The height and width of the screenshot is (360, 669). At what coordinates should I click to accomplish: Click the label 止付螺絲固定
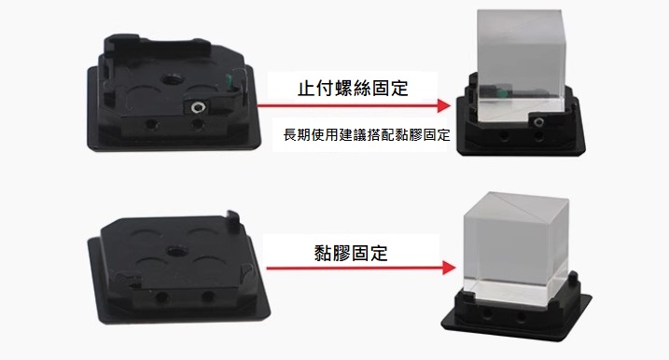point(353,89)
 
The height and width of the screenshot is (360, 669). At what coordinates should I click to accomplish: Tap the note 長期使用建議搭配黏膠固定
point(367,135)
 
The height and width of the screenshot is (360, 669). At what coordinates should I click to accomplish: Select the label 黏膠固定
point(351,253)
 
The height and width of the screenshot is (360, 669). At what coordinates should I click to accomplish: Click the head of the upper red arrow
point(444,105)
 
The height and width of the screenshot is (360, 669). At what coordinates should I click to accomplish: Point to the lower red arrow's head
point(450,268)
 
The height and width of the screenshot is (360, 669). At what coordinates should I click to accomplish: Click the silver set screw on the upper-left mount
point(197,107)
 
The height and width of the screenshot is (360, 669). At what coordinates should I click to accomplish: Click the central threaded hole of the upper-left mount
point(174,79)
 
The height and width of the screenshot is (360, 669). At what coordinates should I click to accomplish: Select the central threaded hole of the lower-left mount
point(174,251)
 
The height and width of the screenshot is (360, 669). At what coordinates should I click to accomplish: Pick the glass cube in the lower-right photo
point(515,247)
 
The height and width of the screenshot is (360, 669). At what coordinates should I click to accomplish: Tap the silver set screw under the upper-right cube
point(538,122)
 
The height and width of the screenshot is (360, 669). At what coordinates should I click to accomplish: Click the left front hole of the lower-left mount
point(161,296)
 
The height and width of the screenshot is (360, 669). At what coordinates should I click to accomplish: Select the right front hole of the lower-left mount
point(208,295)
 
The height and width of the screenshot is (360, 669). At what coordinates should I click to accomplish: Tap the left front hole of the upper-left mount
point(150,125)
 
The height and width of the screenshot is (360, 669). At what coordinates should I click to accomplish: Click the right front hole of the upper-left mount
point(196,125)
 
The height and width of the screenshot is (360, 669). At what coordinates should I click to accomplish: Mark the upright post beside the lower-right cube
point(574,280)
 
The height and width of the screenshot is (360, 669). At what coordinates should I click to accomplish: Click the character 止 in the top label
point(306,89)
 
